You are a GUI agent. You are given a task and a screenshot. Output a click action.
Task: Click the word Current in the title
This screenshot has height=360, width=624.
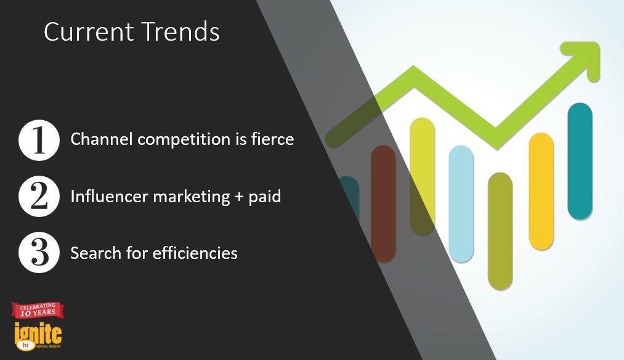[x=89, y=32]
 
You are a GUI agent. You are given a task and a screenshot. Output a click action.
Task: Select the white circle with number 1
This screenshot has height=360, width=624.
[x=39, y=140]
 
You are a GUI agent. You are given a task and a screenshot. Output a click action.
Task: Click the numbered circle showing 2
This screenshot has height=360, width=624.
[x=39, y=197]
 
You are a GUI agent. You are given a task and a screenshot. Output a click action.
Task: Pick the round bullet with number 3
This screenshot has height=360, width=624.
[x=39, y=253]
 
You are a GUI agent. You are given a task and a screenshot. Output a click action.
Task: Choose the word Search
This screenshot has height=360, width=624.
[x=96, y=253]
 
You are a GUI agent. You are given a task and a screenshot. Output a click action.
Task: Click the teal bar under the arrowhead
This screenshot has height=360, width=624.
[x=580, y=162]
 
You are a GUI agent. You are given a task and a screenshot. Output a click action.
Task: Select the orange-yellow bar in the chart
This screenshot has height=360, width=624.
[x=541, y=191]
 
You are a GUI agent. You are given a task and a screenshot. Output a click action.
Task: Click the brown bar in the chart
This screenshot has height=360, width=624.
[x=383, y=203]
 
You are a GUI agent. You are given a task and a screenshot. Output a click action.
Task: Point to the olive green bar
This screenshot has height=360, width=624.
[x=500, y=231]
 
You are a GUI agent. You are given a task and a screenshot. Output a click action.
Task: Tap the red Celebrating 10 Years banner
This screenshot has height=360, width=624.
[x=38, y=310]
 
